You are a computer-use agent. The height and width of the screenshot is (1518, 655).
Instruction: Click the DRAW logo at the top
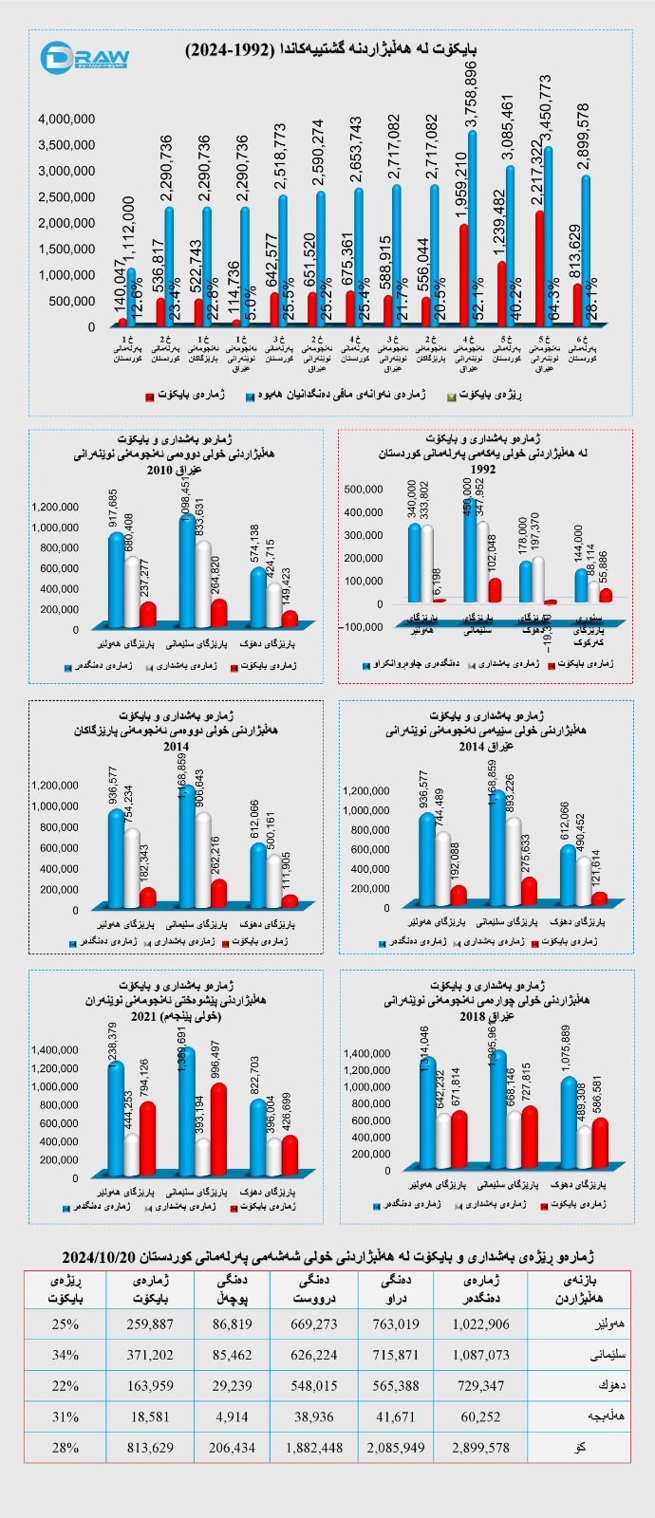tap(84, 56)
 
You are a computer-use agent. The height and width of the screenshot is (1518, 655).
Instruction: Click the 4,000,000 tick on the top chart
tap(66, 119)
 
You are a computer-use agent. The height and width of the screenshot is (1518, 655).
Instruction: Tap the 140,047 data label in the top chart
tap(121, 287)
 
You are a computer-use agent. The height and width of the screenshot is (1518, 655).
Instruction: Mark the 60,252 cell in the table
tap(480, 1417)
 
